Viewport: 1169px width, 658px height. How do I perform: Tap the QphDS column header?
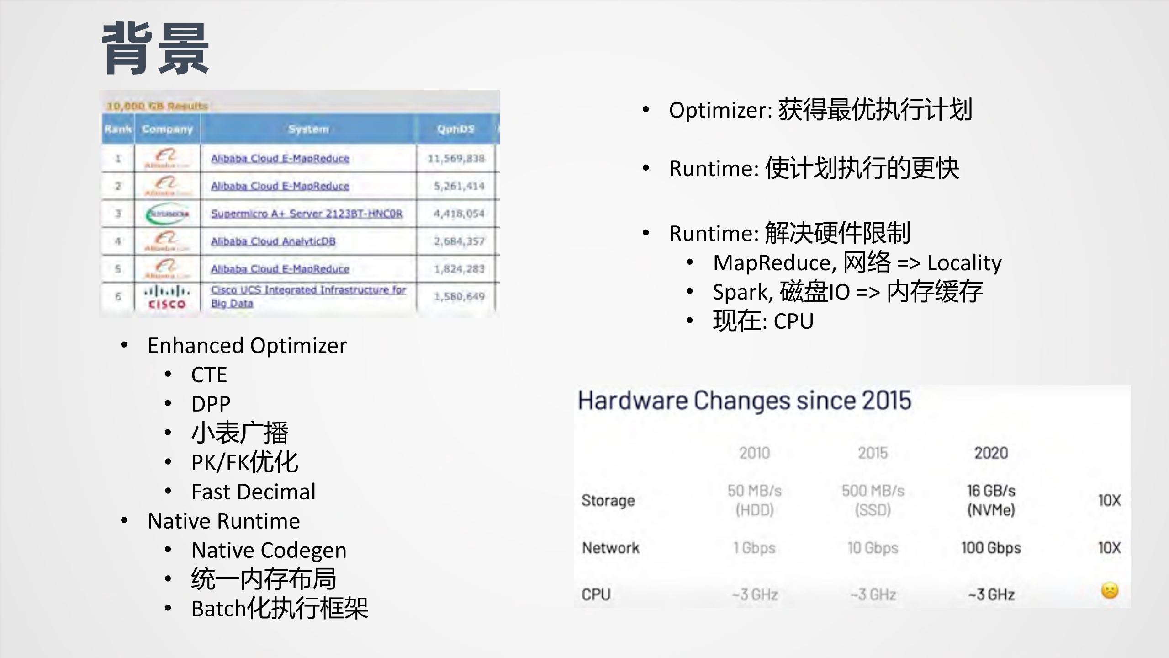tap(455, 129)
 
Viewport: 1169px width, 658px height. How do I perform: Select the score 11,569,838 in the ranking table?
tap(456, 159)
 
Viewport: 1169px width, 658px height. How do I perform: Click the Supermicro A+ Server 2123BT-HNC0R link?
tap(307, 214)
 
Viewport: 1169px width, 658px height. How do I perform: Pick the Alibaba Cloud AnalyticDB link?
tap(273, 241)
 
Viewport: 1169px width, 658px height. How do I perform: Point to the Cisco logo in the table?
tap(167, 297)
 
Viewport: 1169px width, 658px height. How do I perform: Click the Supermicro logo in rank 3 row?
tap(167, 214)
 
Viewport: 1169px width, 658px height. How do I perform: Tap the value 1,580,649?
tap(459, 297)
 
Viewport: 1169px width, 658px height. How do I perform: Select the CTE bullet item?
tap(209, 375)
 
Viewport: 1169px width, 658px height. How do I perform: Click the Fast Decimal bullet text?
tap(254, 492)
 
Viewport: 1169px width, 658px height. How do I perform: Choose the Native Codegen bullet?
tap(269, 550)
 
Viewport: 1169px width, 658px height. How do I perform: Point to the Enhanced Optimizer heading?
tap(247, 346)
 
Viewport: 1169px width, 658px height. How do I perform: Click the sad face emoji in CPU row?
tap(1110, 590)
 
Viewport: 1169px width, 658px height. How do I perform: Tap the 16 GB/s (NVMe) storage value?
tap(991, 500)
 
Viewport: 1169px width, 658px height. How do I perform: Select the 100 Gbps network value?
tap(991, 548)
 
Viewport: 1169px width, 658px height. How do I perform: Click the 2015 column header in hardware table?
tap(873, 453)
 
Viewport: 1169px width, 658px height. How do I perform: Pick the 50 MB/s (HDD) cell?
tap(754, 500)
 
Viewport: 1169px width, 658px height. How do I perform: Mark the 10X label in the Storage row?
tap(1109, 500)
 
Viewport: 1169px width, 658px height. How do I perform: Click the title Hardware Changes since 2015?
tap(745, 401)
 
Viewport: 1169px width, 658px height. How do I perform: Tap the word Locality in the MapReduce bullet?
tap(964, 263)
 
